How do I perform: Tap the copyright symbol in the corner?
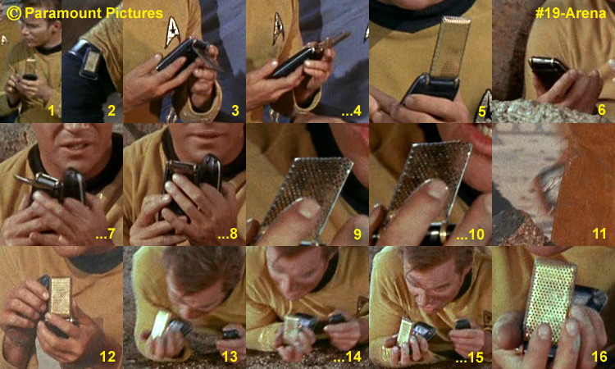tap(14, 13)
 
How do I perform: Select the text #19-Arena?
tap(571, 13)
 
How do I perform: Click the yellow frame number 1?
tap(52, 111)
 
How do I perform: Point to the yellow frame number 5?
tap(481, 112)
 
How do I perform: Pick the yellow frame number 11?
tap(599, 234)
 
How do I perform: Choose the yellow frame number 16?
tap(599, 357)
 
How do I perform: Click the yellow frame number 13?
tap(230, 357)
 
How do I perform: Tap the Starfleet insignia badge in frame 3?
tap(172, 31)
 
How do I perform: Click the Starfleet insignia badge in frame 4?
tap(278, 27)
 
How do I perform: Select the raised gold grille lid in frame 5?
tap(450, 47)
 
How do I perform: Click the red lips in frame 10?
tap(480, 140)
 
